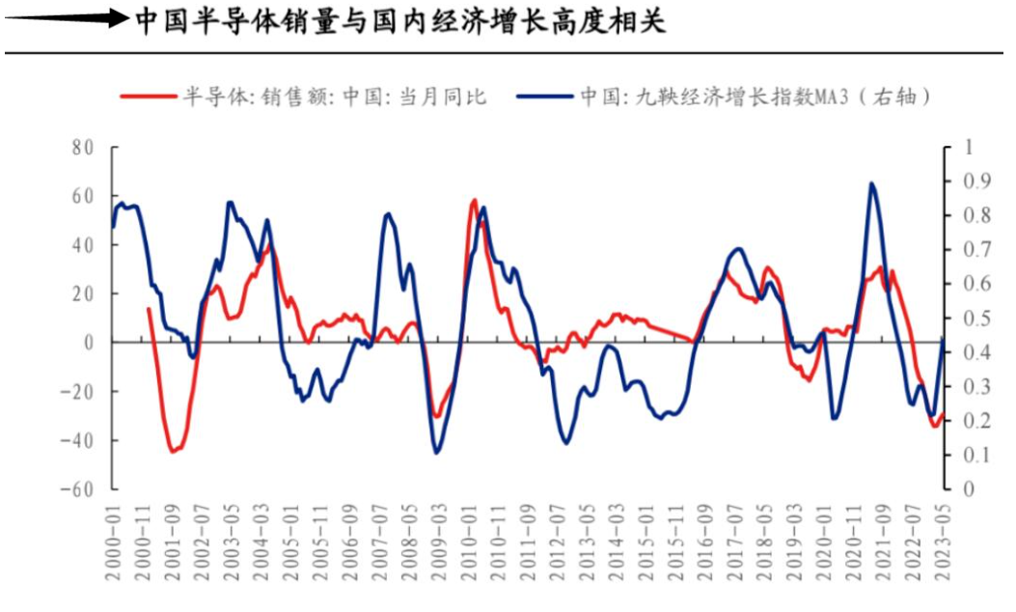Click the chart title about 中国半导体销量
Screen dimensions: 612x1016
point(399,20)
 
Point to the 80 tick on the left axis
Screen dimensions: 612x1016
point(82,148)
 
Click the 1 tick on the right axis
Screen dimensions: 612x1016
point(957,148)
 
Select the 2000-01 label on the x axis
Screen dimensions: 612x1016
point(114,545)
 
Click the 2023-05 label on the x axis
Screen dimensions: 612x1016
point(943,545)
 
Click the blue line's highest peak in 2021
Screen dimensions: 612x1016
point(871,183)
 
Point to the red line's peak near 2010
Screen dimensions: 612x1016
point(474,201)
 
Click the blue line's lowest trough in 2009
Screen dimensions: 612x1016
point(436,453)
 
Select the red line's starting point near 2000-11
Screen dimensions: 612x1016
point(148,309)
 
